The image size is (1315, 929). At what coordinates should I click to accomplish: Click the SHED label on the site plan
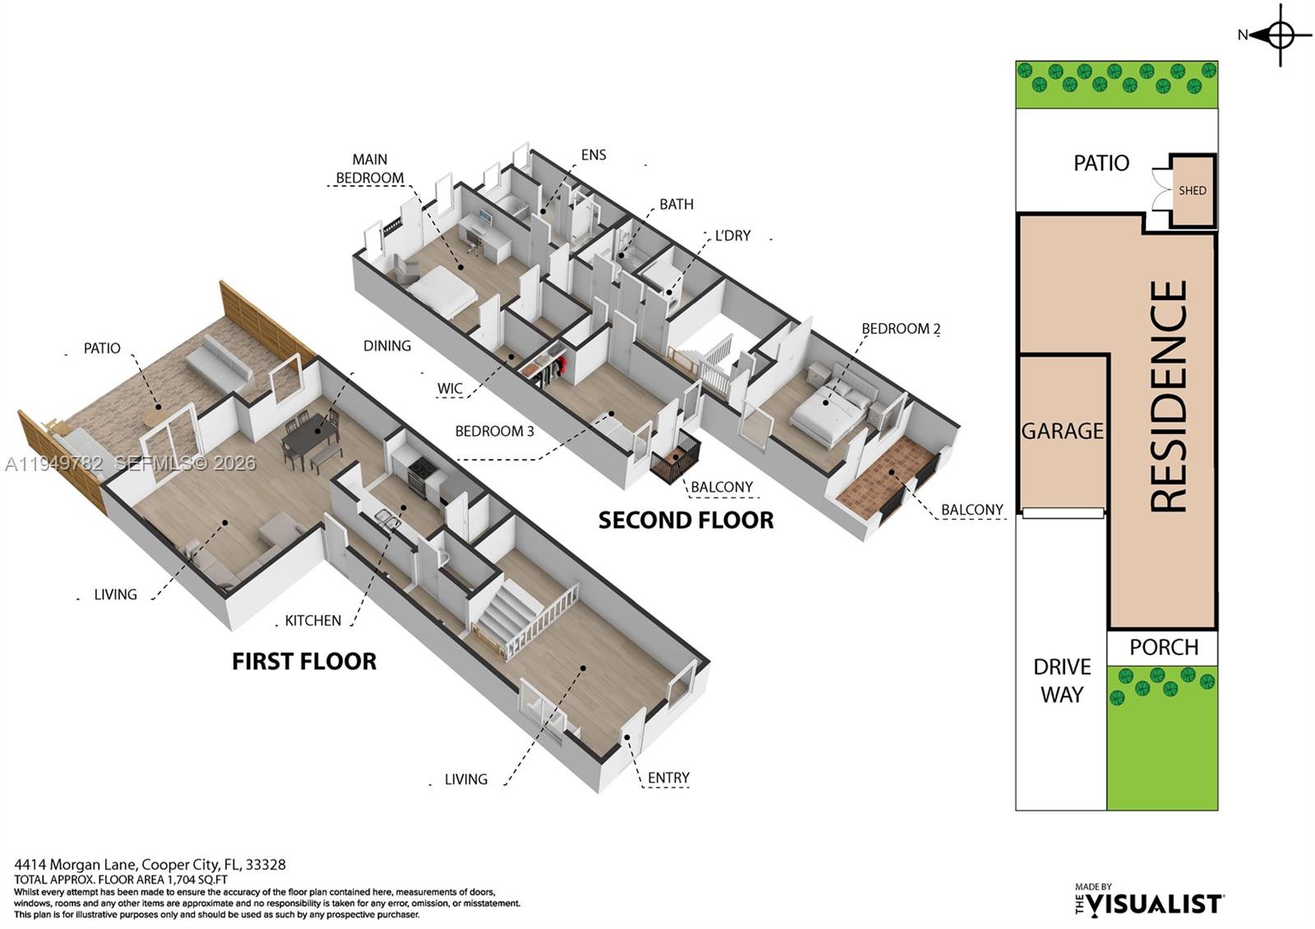[1192, 191]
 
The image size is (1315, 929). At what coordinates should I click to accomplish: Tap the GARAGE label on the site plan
[1062, 431]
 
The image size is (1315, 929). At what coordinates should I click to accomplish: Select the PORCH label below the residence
[1163, 647]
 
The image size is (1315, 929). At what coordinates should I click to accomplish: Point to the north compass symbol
[1280, 35]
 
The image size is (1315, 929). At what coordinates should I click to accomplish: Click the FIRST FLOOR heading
[304, 661]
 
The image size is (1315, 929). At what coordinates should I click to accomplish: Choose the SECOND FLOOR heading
[685, 520]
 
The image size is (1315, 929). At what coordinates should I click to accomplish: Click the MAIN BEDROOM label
[370, 169]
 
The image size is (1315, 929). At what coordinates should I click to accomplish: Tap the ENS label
[593, 155]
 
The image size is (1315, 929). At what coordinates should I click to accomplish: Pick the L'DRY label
[732, 235]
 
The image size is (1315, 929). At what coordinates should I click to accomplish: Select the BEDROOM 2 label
[901, 329]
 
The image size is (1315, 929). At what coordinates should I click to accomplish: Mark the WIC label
[450, 389]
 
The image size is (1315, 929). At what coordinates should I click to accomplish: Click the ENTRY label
[668, 778]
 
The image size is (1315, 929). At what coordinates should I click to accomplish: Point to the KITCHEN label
[312, 621]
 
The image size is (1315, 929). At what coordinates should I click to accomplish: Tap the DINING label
[387, 346]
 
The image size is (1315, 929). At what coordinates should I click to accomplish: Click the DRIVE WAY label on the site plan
[1062, 680]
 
